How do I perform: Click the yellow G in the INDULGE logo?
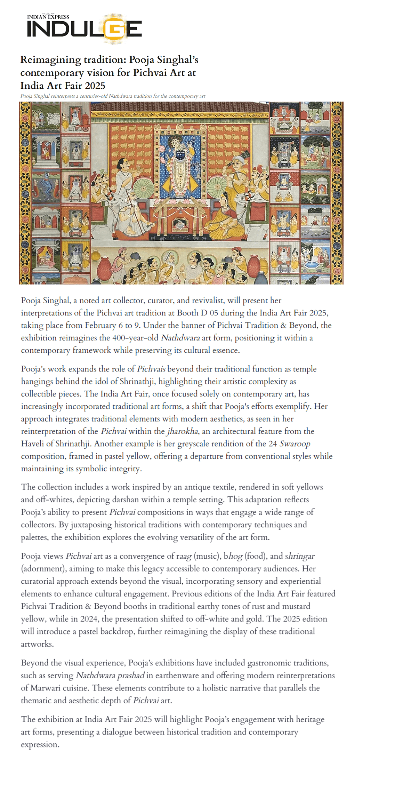114,29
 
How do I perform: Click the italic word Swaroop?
295,444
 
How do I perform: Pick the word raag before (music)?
184,556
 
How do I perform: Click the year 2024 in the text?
89,619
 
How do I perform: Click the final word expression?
40,745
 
